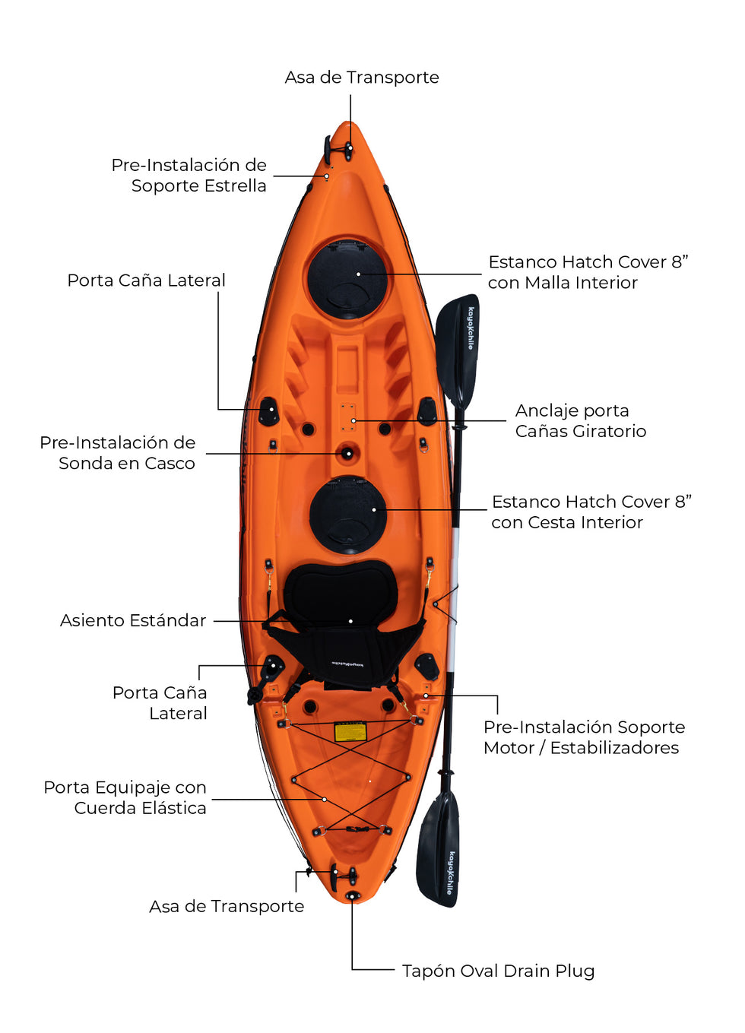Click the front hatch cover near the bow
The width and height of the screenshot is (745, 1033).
point(347,279)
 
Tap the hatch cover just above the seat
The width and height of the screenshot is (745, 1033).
point(348,514)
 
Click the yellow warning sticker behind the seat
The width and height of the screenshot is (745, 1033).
point(350,732)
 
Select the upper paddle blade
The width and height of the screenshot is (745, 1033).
point(458,349)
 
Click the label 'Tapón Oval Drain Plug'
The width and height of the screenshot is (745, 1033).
point(498,971)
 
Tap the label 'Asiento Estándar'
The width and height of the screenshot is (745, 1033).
point(133,620)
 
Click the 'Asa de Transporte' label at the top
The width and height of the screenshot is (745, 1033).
point(362,78)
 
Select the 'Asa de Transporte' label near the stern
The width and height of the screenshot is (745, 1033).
point(227,906)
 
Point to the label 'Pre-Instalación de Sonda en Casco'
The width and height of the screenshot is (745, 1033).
point(118,453)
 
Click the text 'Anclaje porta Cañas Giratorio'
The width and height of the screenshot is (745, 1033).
point(580,421)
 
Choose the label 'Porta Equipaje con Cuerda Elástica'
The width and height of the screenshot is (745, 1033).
point(125,797)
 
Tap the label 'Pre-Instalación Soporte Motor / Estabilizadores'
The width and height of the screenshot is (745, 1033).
point(584,737)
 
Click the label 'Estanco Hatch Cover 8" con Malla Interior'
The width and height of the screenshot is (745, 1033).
point(588,272)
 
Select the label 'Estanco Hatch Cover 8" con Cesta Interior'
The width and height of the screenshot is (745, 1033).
point(591,512)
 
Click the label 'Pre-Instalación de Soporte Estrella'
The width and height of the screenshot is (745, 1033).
point(189,176)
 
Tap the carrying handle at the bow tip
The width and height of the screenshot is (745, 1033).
point(348,148)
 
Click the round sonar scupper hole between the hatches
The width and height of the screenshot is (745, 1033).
point(347,454)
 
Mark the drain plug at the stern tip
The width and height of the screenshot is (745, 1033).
point(352,896)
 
